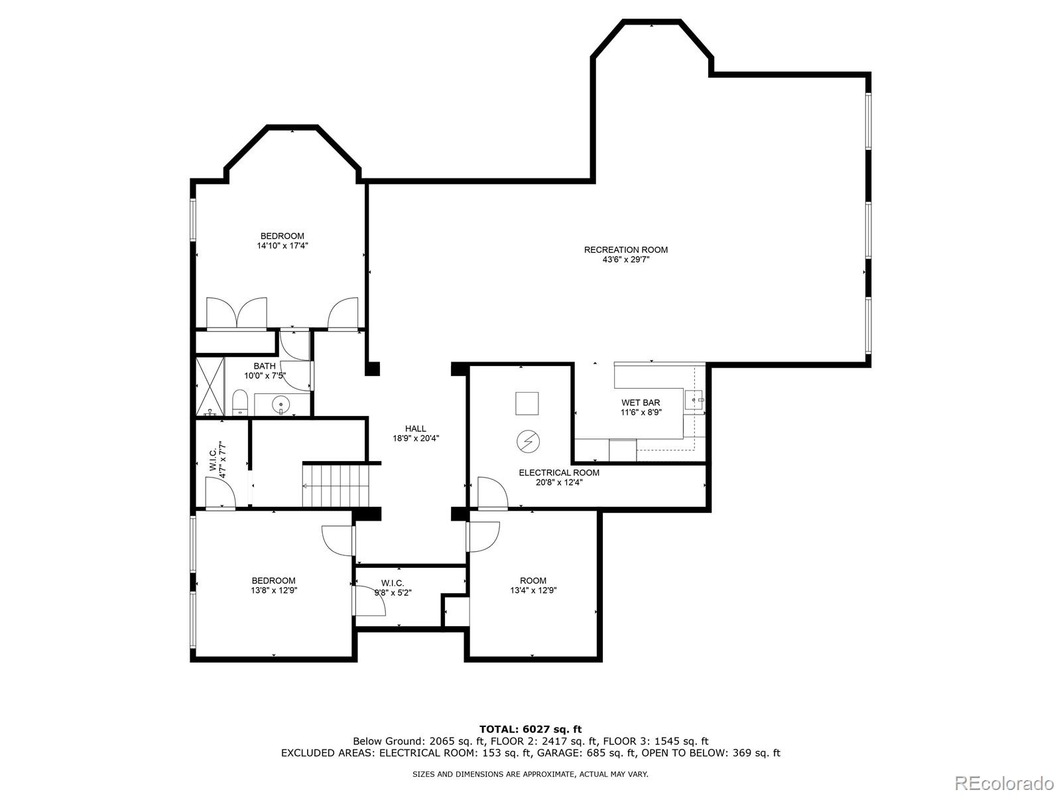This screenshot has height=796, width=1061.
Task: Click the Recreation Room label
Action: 625,250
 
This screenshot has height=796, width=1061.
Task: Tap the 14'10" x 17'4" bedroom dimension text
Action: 282,245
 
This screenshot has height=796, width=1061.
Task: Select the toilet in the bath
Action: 240,403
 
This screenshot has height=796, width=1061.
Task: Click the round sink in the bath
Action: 281,403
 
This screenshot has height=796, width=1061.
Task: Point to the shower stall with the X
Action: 210,385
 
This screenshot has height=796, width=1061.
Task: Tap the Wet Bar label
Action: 641,403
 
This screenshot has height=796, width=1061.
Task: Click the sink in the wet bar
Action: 694,400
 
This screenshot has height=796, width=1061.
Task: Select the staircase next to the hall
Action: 336,486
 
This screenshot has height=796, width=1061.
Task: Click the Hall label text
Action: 416,429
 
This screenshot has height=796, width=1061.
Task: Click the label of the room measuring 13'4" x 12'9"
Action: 533,580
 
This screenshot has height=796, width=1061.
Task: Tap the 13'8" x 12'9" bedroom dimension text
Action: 274,590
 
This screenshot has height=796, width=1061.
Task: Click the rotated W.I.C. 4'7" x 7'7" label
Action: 218,460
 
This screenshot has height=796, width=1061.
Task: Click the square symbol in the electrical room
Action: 527,403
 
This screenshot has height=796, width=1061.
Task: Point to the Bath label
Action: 265,366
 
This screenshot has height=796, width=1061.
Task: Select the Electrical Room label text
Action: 559,473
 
